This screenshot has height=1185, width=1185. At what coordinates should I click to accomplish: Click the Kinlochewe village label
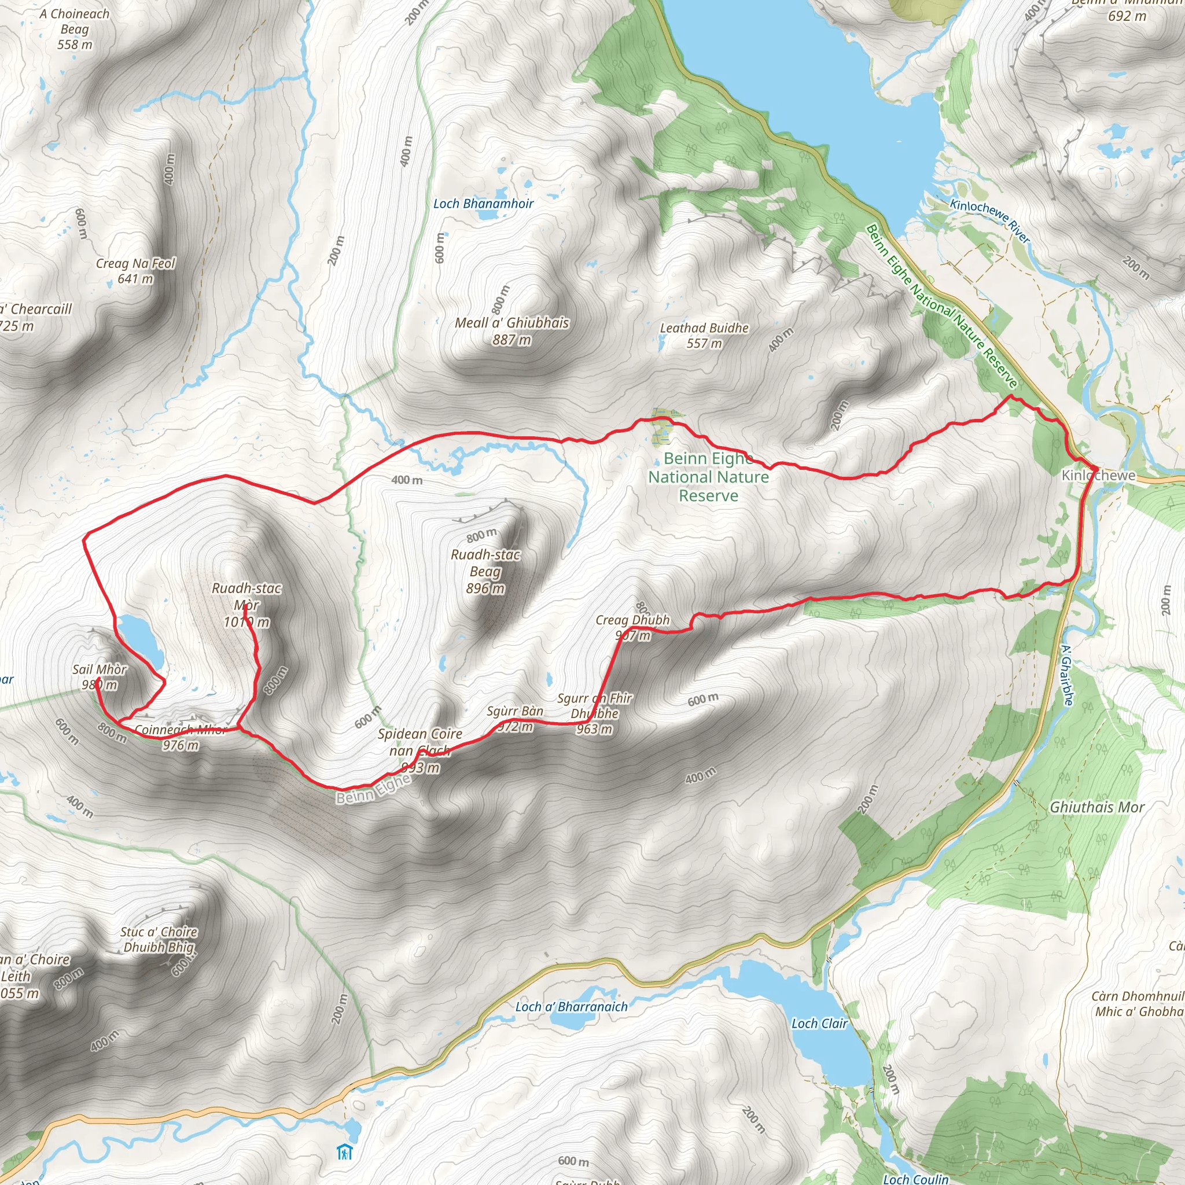coord(1098,476)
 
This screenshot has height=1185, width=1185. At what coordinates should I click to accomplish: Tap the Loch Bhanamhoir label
coord(483,204)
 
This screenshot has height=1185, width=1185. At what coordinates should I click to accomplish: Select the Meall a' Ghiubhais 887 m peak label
coord(511,330)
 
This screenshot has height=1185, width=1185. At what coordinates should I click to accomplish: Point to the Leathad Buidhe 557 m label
coord(704,336)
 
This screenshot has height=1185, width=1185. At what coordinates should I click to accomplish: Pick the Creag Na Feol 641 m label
coord(135,270)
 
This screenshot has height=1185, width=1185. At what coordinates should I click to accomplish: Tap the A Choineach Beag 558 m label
coord(75,29)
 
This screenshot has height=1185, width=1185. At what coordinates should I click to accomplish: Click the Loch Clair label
coord(819,1023)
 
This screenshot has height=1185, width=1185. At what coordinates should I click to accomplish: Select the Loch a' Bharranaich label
coord(571,1007)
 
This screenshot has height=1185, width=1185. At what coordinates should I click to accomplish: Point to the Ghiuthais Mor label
coord(1096,807)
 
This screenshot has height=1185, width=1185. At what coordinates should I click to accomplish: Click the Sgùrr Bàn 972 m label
coord(514,718)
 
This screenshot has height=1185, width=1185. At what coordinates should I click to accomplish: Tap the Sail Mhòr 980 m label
coord(100,676)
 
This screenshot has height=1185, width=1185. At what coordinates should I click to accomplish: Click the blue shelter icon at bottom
coord(345,1152)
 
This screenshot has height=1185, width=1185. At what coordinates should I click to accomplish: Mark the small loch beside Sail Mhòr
coord(141,641)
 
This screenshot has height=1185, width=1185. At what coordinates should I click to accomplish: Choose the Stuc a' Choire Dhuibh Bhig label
coord(159,939)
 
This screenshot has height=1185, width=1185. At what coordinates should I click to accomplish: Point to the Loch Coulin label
coord(915,1178)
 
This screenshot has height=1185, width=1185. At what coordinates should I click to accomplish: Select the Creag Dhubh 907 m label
coord(632,627)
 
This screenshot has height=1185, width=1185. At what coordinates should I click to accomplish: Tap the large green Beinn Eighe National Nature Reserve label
coord(708,477)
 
